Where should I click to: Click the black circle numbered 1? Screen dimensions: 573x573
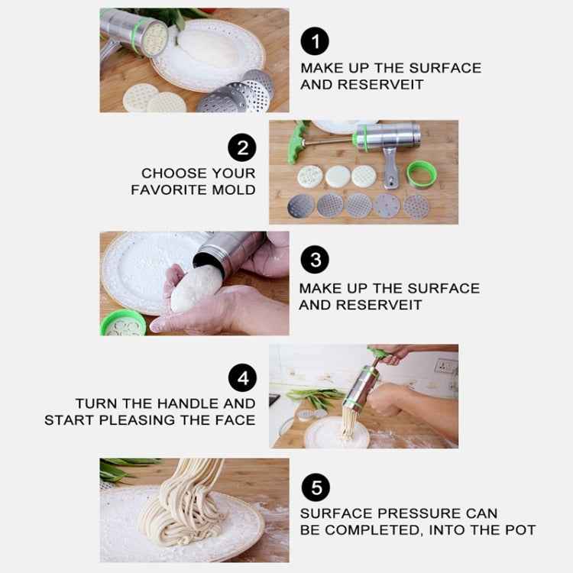315,41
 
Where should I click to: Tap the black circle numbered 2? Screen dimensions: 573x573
242,147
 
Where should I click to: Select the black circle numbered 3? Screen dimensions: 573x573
315,260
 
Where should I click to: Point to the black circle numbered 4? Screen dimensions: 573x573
242,377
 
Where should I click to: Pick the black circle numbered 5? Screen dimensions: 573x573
316,487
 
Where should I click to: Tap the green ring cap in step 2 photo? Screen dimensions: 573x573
422,174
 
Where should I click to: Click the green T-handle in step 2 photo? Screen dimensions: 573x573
296,142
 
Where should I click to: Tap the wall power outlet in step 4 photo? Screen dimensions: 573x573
445,366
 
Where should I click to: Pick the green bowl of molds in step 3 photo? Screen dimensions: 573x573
123,323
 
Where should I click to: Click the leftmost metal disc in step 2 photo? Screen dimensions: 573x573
301,206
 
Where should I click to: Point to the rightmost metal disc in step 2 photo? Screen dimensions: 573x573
416,207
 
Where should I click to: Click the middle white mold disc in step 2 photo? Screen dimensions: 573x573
338,177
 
